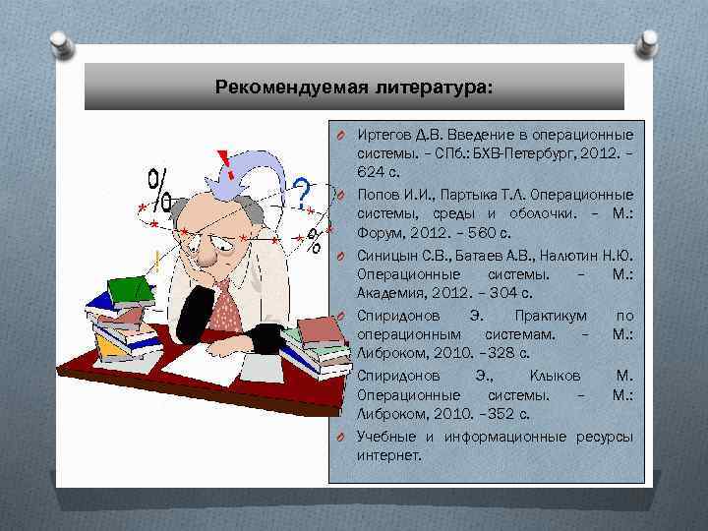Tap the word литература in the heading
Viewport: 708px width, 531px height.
437,87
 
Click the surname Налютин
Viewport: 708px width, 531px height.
569,255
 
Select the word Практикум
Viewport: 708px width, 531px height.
551,316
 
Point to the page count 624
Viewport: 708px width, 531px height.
372,171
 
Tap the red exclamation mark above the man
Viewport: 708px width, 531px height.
229,162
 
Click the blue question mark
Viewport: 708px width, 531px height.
302,189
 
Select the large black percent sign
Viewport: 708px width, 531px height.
161,188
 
